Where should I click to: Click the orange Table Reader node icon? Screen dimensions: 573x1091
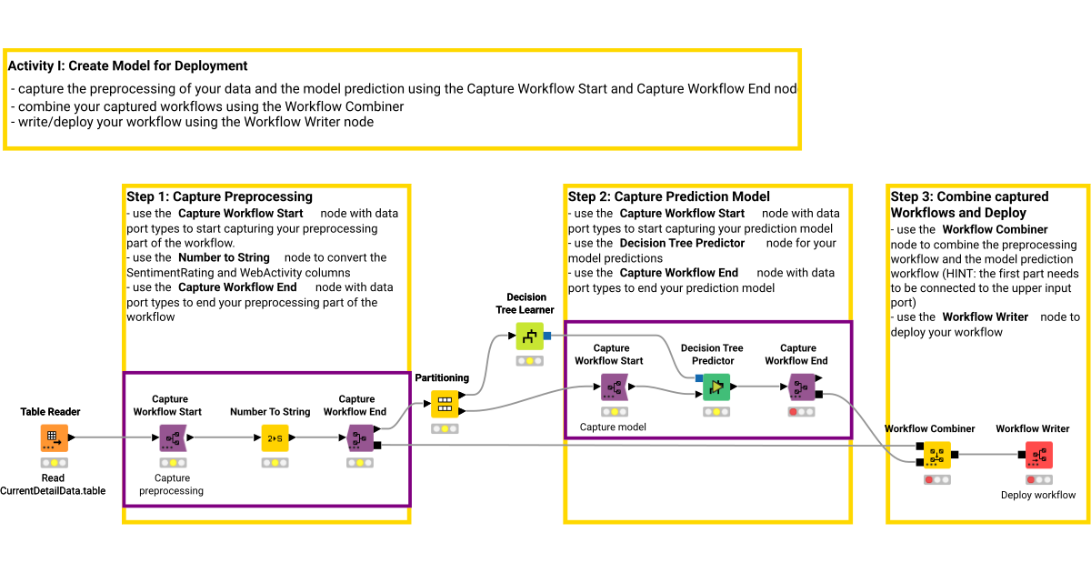pos(54,437)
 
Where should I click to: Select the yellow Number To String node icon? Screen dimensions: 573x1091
pos(275,437)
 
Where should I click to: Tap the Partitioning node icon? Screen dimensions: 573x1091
pos(445,404)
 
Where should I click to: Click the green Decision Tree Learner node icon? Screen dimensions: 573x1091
pos(529,337)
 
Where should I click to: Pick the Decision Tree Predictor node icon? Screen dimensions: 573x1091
pos(716,387)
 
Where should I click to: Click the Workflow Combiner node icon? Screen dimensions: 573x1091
pos(937,454)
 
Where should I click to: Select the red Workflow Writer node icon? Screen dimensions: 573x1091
pos(1038,454)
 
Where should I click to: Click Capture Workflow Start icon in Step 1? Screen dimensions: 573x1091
pos(172,437)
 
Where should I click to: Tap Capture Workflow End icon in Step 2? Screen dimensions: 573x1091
pos(800,387)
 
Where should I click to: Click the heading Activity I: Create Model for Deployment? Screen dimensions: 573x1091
pos(127,65)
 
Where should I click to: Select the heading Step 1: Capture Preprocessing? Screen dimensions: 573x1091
pos(219,196)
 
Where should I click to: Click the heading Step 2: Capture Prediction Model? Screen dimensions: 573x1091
pos(668,196)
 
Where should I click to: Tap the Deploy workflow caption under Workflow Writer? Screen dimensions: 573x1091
pos(1038,495)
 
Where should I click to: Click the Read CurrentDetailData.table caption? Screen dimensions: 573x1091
pos(53,484)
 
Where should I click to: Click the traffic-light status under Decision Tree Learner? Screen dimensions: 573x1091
pos(529,361)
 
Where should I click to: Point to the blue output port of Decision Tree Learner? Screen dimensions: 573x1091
pos(547,337)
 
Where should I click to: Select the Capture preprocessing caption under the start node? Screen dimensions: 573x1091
pos(172,484)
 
